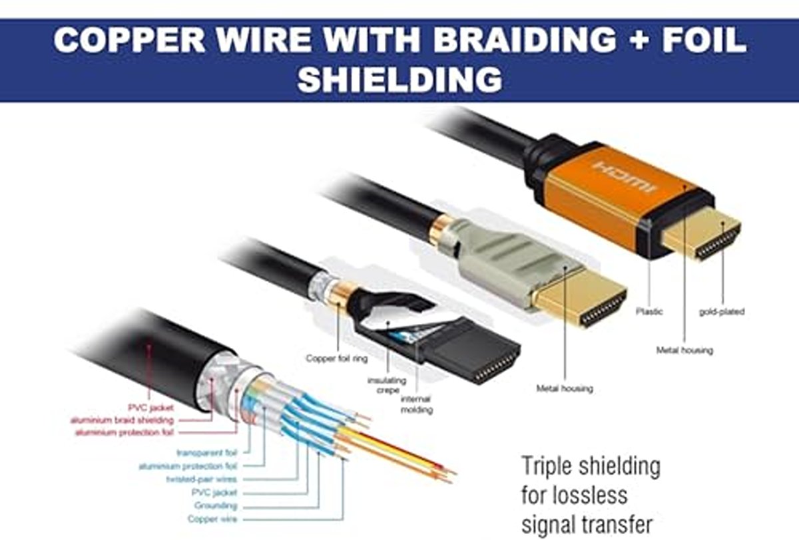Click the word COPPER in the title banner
129,40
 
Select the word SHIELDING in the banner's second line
400,79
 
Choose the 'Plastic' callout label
649,312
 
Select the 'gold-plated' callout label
722,312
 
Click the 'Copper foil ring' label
337,358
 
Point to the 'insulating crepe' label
387,386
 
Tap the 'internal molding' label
417,404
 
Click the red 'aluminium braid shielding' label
122,420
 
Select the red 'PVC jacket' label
150,408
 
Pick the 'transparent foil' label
207,453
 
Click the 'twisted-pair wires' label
202,479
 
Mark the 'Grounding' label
216,506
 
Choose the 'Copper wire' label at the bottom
212,519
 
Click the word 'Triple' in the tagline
547,467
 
